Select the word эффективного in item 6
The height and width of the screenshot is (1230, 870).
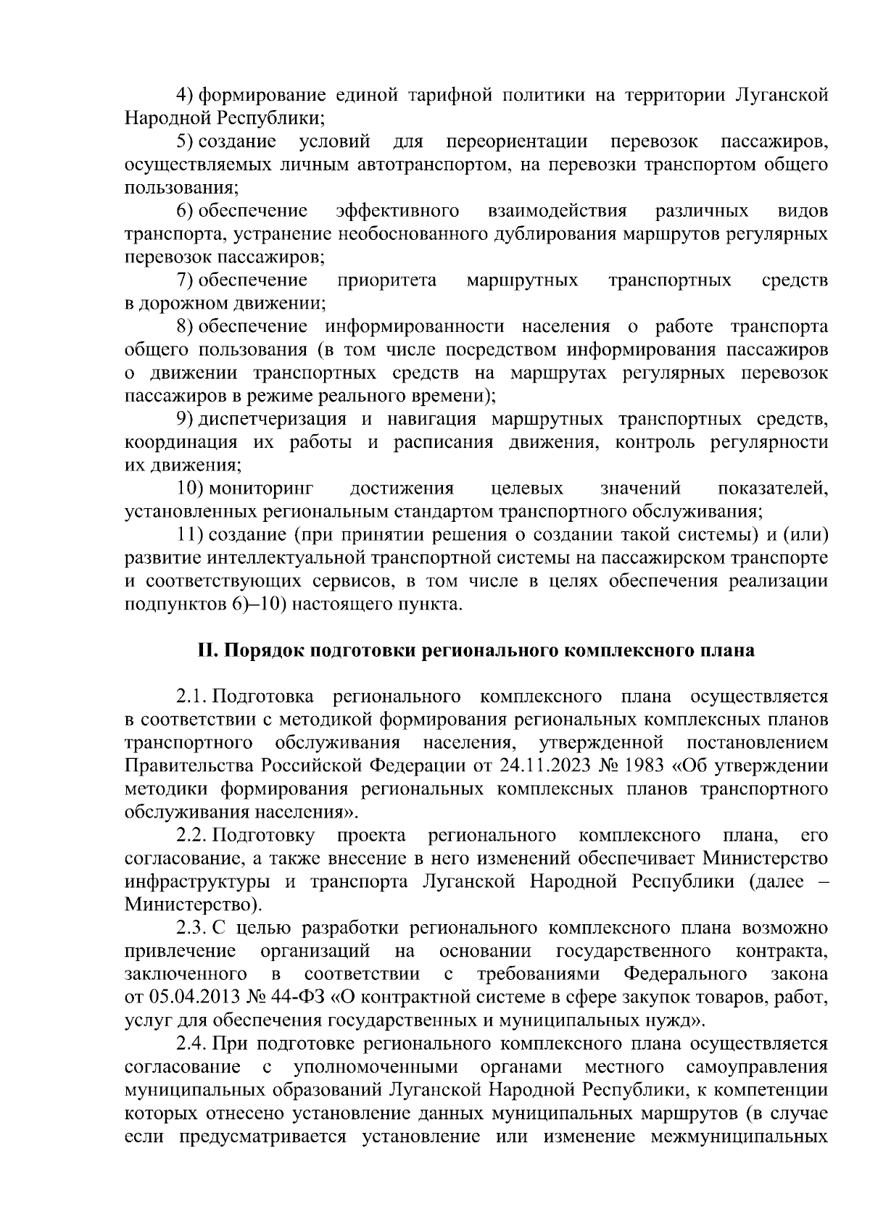point(397,211)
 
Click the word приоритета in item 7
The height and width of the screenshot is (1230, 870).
point(387,281)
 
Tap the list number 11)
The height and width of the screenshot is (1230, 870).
point(191,536)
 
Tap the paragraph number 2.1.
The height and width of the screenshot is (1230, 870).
point(191,697)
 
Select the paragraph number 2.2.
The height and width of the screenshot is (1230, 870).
point(192,836)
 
